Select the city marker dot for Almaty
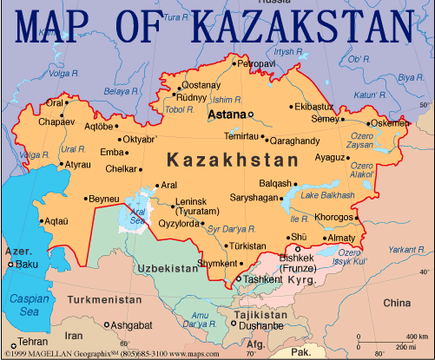[357, 238]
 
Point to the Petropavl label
[256, 63]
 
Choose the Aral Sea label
[136, 216]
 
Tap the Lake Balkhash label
[327, 195]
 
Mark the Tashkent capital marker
[240, 279]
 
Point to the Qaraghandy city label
[295, 140]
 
